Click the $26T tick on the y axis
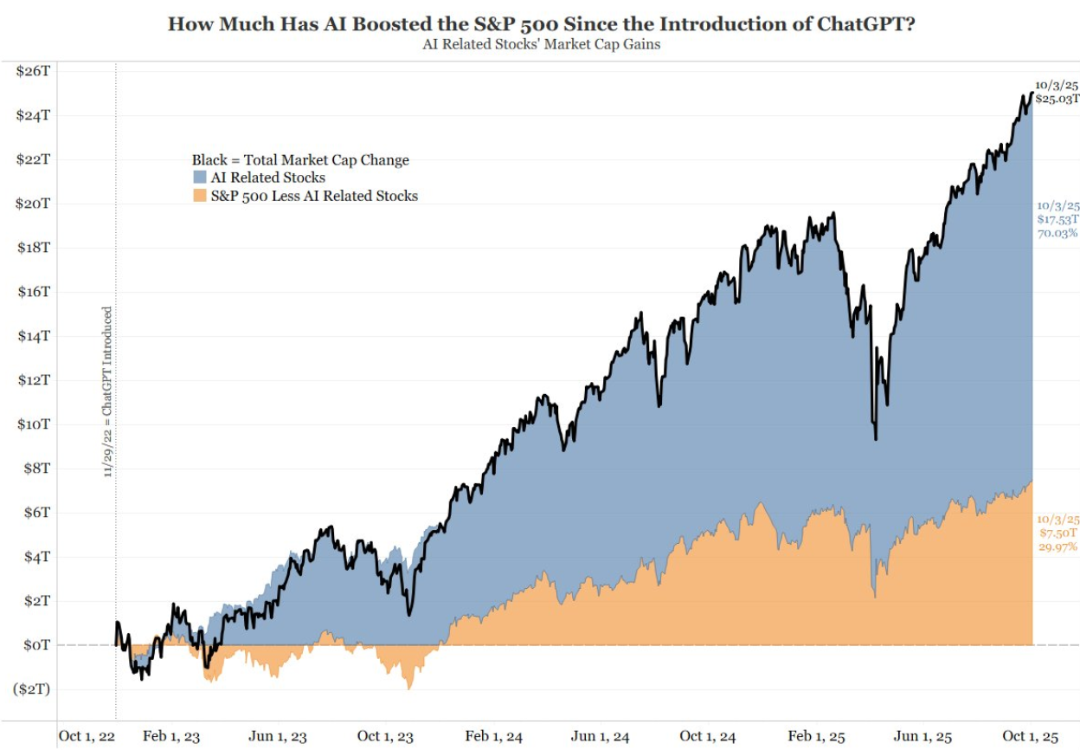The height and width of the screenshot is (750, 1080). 32,71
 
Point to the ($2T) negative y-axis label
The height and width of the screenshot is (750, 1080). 30,689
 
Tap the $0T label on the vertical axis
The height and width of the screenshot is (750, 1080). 35,645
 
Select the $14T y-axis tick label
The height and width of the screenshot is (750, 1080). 32,336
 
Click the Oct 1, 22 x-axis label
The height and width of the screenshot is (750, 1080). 86,736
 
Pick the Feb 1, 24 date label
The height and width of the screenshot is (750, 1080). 493,736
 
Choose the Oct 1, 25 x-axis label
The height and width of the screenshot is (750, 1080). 1030,736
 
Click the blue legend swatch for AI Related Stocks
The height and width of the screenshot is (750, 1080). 199,178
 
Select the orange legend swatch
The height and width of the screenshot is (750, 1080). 199,197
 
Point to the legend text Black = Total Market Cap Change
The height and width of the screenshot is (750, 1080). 300,160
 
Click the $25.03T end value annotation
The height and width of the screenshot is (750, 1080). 1057,100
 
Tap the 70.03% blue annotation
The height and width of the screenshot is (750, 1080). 1057,233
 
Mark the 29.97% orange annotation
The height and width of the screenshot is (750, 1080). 1057,546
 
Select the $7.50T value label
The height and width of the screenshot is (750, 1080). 1057,533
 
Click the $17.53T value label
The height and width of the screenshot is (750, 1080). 1057,220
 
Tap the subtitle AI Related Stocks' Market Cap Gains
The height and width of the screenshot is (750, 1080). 540,44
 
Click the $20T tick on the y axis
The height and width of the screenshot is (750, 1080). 32,204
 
